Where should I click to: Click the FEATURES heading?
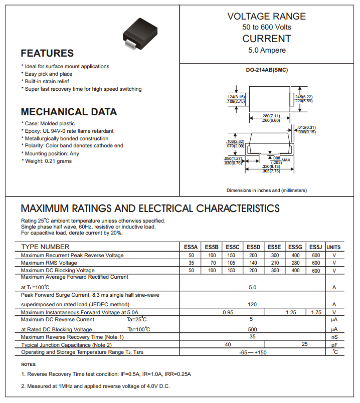pyautogui.click(x=47, y=53)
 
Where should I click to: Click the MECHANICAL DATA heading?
pyautogui.click(x=69, y=112)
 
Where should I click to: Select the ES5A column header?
pyautogui.click(x=191, y=247)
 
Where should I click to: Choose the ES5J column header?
pyautogui.click(x=315, y=247)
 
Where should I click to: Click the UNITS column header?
pyautogui.click(x=333, y=247)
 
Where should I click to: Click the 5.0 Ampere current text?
pyautogui.click(x=267, y=50)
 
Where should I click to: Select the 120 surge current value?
pyautogui.click(x=252, y=304)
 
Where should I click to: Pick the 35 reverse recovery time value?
pyautogui.click(x=252, y=337)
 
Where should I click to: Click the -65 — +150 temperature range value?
pyautogui.click(x=252, y=353)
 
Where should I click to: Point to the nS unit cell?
pyautogui.click(x=333, y=337)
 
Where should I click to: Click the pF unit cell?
pyautogui.click(x=333, y=345)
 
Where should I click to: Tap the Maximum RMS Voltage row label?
pyautogui.click(x=49, y=263)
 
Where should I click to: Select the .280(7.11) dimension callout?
pyautogui.click(x=271, y=116)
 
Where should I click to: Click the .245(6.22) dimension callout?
pyautogui.click(x=303, y=97)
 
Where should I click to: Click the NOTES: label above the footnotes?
pyautogui.click(x=29, y=364)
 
